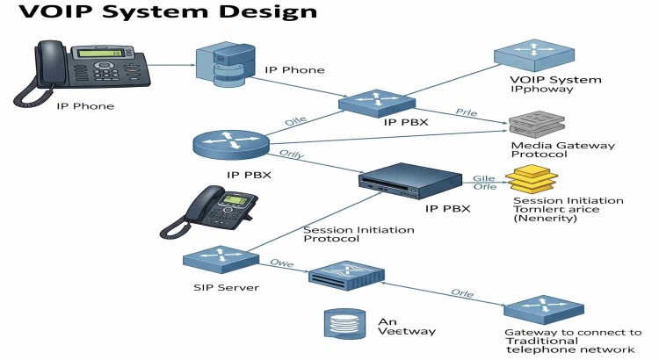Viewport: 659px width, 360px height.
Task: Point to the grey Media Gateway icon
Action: [x=537, y=124]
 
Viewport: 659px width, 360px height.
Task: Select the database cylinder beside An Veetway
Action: [x=343, y=326]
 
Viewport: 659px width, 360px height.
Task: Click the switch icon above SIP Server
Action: [x=219, y=261]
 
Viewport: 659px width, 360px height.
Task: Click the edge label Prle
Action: [x=466, y=112]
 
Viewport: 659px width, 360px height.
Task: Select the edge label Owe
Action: [x=281, y=262]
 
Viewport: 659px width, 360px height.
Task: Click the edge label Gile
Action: [x=485, y=176]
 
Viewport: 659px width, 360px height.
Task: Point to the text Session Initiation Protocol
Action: [x=345, y=234]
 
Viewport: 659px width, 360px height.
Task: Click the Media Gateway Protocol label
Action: [x=562, y=149]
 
